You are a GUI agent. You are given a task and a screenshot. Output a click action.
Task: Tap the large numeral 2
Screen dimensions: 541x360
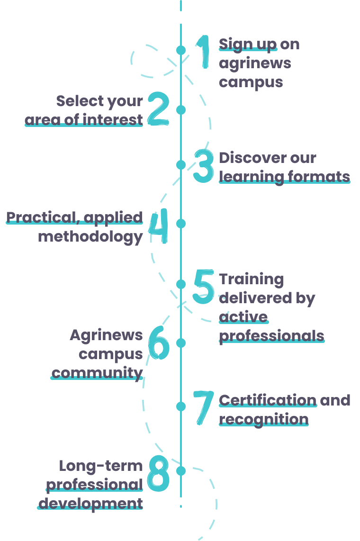coord(158,108)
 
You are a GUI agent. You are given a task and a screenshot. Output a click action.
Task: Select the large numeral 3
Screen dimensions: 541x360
coord(204,166)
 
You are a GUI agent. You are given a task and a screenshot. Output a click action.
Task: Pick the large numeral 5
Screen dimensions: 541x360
coord(204,287)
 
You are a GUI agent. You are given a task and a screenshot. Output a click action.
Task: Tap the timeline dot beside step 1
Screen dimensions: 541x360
coord(181,50)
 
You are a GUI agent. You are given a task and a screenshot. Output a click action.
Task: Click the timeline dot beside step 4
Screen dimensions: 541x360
coord(181,223)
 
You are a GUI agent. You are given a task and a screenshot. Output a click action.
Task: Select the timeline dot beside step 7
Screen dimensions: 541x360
coord(181,406)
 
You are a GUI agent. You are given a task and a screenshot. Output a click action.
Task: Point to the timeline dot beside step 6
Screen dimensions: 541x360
coord(181,342)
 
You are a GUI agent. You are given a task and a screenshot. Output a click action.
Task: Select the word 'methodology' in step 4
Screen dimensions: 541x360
coord(90,236)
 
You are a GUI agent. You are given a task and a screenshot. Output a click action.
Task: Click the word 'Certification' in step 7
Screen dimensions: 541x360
coord(268,400)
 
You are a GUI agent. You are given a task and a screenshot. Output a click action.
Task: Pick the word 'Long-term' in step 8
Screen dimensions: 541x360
coord(101,466)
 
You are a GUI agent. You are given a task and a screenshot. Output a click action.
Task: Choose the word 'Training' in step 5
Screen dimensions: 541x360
coord(251,279)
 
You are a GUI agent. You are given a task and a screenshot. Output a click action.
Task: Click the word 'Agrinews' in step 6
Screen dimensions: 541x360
coord(106,335)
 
